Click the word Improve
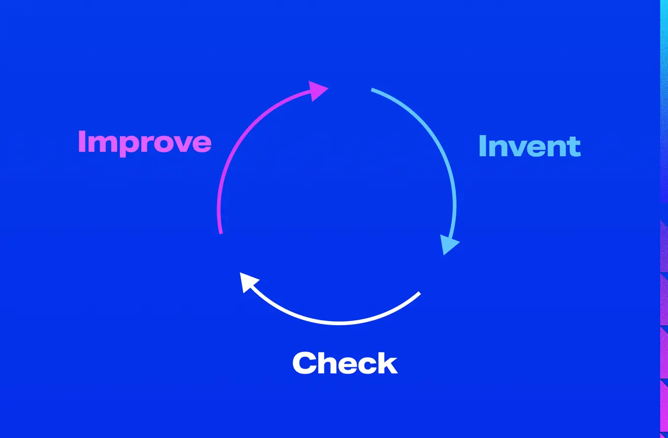[144, 141]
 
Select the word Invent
[529, 146]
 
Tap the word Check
[344, 363]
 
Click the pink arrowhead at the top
[318, 91]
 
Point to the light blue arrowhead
[448, 244]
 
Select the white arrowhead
[249, 283]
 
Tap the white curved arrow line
[339, 322]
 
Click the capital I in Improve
[82, 141]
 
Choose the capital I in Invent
[483, 146]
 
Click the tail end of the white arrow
[419, 293]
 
